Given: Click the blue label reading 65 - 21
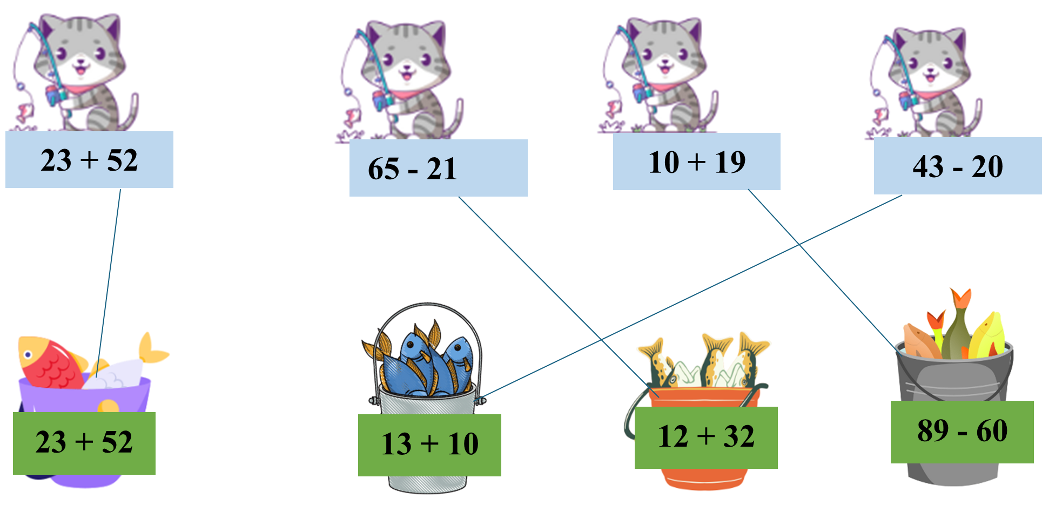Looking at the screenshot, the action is point(438,168).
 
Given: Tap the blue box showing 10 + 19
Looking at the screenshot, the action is point(696,161).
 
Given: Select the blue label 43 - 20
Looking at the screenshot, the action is point(958,166).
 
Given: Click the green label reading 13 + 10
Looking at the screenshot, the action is point(429,445).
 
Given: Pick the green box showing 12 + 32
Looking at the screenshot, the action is point(706,437).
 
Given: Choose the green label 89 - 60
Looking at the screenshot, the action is point(962,432).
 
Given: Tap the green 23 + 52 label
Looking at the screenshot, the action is point(84,443).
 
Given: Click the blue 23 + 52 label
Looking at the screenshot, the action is point(89,160).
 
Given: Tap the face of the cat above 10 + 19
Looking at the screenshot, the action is point(664,57).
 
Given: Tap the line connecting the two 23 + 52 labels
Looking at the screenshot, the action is point(109,275).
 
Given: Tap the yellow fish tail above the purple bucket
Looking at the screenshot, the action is point(152,349).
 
